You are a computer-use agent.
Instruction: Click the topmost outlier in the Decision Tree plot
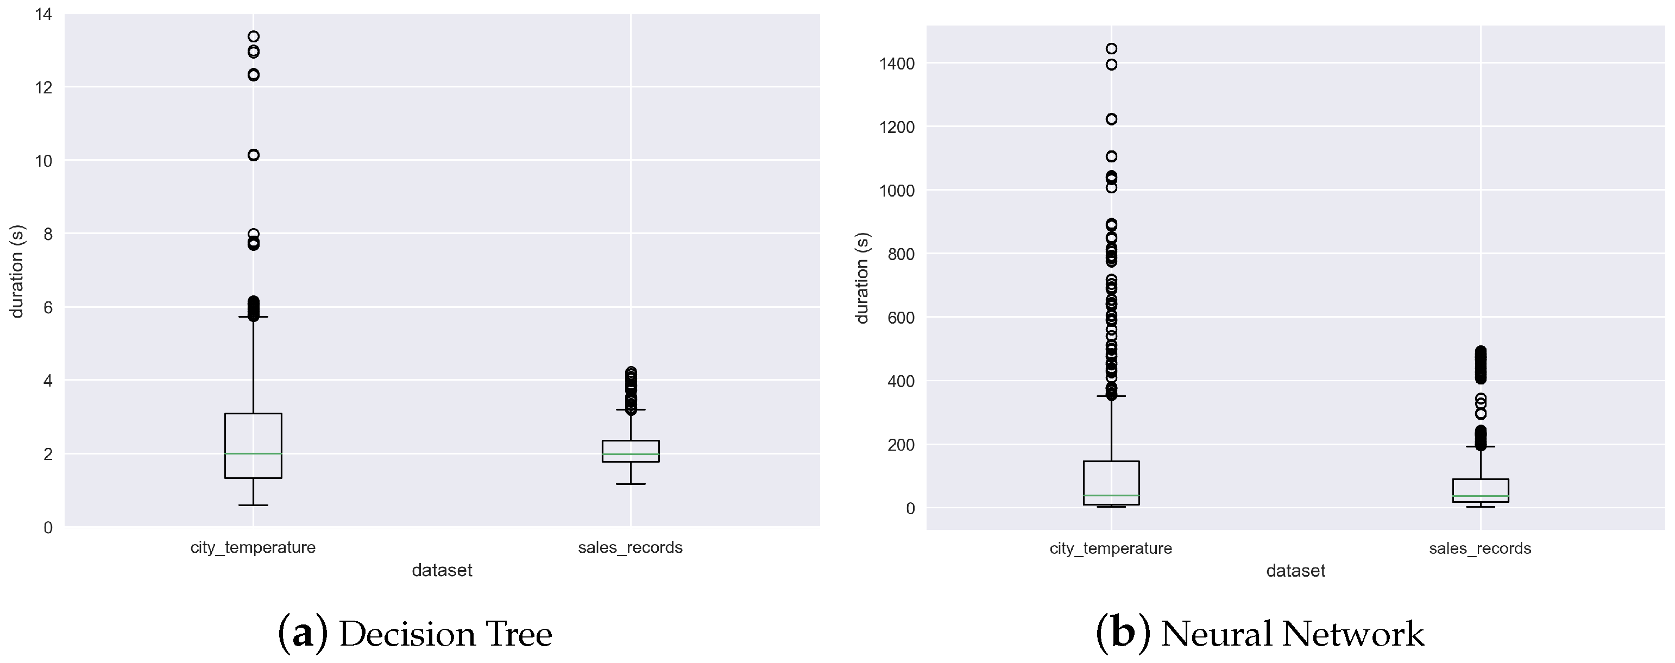tap(254, 36)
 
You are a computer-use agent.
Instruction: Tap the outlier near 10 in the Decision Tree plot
tap(254, 155)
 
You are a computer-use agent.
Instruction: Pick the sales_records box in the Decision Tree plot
tap(630, 451)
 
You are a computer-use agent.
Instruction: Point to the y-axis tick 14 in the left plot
tap(44, 14)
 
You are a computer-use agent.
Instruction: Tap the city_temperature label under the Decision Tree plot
tap(253, 547)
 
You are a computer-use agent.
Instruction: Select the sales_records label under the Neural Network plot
tap(1479, 548)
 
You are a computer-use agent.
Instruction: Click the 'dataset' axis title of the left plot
tap(442, 570)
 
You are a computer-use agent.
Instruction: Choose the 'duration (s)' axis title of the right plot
tap(862, 277)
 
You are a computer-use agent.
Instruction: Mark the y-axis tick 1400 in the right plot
tap(897, 64)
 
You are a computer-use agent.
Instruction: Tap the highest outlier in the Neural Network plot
tap(1111, 49)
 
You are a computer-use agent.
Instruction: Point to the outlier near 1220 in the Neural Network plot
tap(1111, 119)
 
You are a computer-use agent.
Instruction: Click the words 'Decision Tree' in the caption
tap(445, 634)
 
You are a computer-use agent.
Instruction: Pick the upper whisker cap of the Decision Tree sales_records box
tap(630, 409)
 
